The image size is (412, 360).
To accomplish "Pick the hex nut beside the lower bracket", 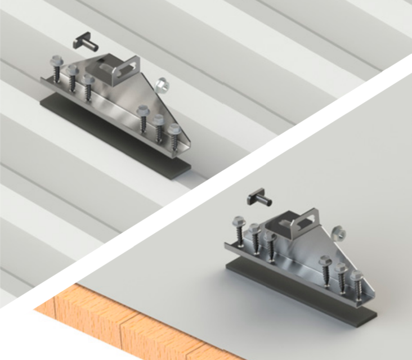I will pos(339,232).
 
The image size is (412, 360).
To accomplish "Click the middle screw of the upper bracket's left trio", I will pos(73,76).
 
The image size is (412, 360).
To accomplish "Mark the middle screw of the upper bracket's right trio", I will pos(158,127).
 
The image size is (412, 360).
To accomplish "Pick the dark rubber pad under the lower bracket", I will pos(293,286).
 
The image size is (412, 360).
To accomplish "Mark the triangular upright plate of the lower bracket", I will pos(304,247).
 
